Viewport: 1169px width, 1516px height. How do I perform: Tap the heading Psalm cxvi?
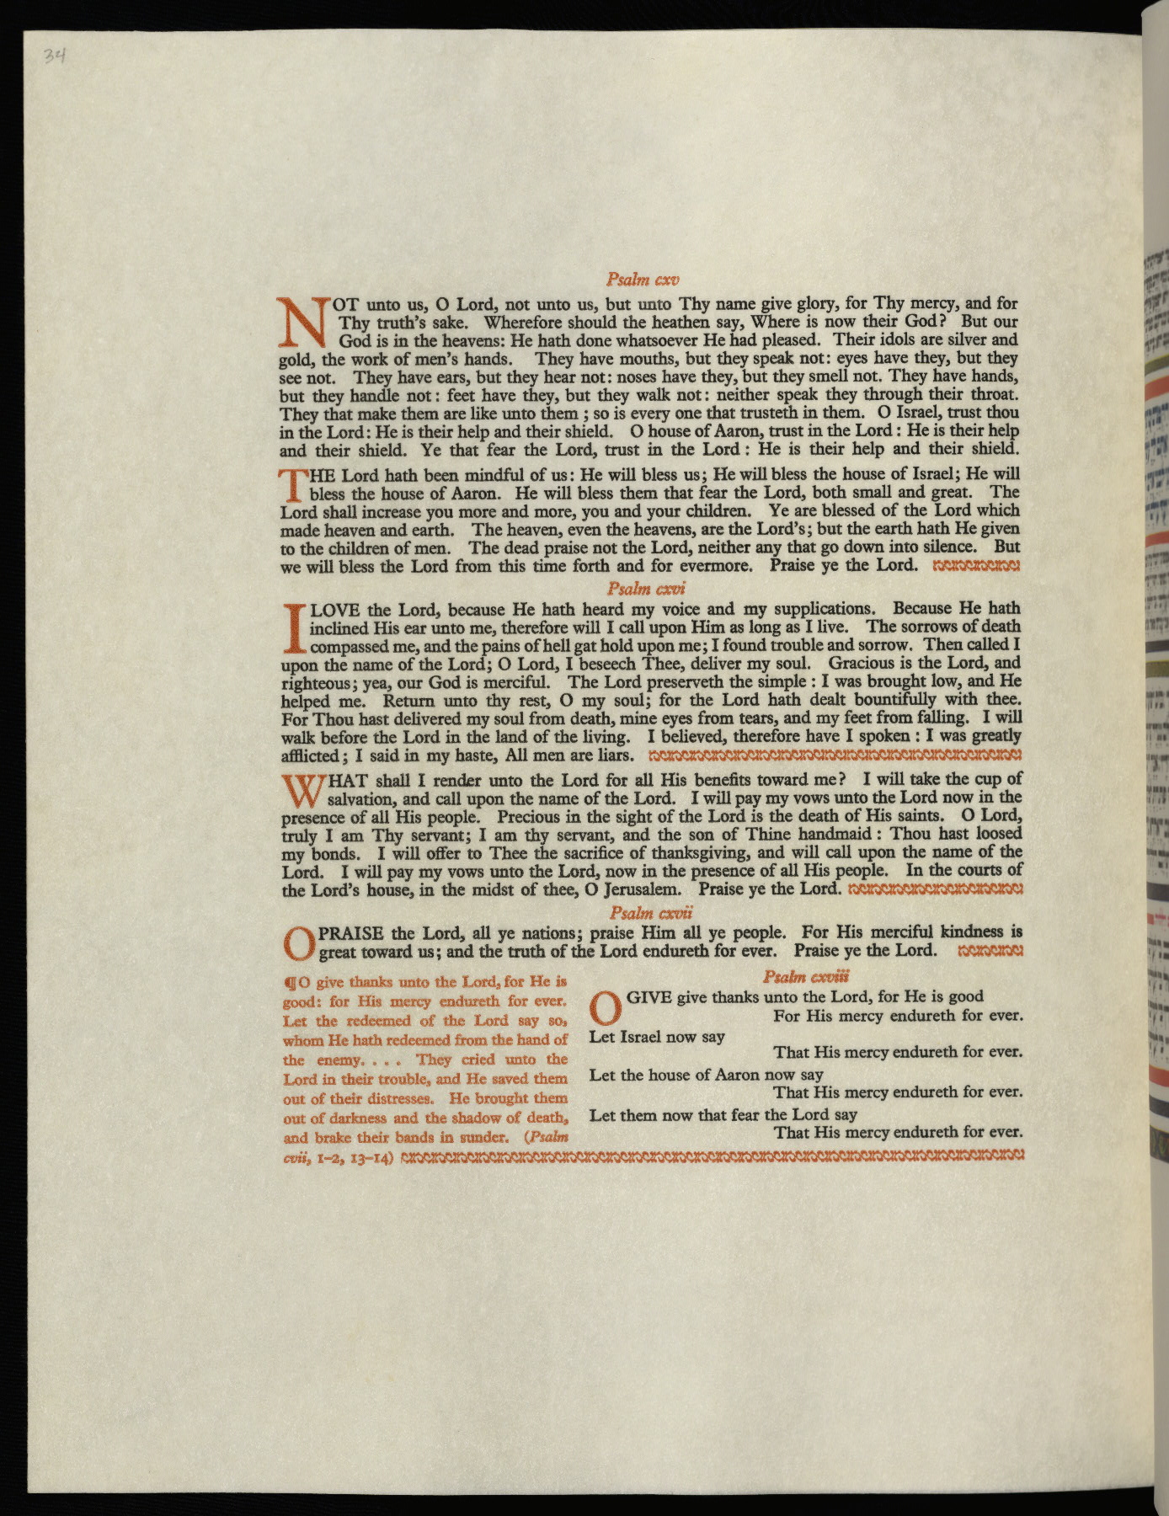(646, 589)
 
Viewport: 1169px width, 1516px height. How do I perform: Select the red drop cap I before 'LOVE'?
(294, 628)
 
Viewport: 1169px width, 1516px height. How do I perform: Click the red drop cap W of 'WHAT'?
(302, 789)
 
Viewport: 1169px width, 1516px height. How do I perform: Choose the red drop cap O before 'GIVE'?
(607, 1006)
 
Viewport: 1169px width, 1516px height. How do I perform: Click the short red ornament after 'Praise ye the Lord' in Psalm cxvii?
(990, 952)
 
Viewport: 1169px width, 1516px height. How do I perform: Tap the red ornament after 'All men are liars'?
(830, 755)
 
